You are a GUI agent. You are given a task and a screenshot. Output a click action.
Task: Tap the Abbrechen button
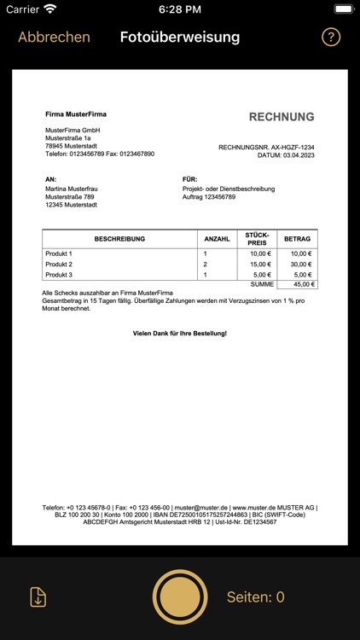[54, 37]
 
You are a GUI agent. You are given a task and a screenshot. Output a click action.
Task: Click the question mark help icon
[331, 38]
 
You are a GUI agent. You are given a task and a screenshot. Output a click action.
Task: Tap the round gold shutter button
[180, 597]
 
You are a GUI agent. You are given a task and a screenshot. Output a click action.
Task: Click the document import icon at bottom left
[38, 597]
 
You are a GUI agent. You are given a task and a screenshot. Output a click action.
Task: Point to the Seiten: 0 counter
[256, 597]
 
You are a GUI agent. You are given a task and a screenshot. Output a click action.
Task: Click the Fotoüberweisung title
[180, 37]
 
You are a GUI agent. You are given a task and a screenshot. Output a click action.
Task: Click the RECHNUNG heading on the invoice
[282, 117]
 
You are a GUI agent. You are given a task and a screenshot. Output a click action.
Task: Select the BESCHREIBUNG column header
[119, 239]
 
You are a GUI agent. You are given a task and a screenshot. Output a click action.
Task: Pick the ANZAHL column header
[218, 239]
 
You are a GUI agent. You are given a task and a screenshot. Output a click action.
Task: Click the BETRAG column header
[298, 239]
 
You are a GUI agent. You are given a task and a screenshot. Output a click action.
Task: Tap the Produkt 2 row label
[59, 265]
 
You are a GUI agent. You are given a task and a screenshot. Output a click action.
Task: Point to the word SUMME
[263, 284]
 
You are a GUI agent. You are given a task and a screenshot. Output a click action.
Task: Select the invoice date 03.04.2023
[299, 155]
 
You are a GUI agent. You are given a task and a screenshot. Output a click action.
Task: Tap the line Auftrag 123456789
[209, 196]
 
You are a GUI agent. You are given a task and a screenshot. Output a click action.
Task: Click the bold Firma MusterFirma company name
[76, 113]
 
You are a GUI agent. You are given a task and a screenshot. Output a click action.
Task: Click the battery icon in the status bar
[343, 9]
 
